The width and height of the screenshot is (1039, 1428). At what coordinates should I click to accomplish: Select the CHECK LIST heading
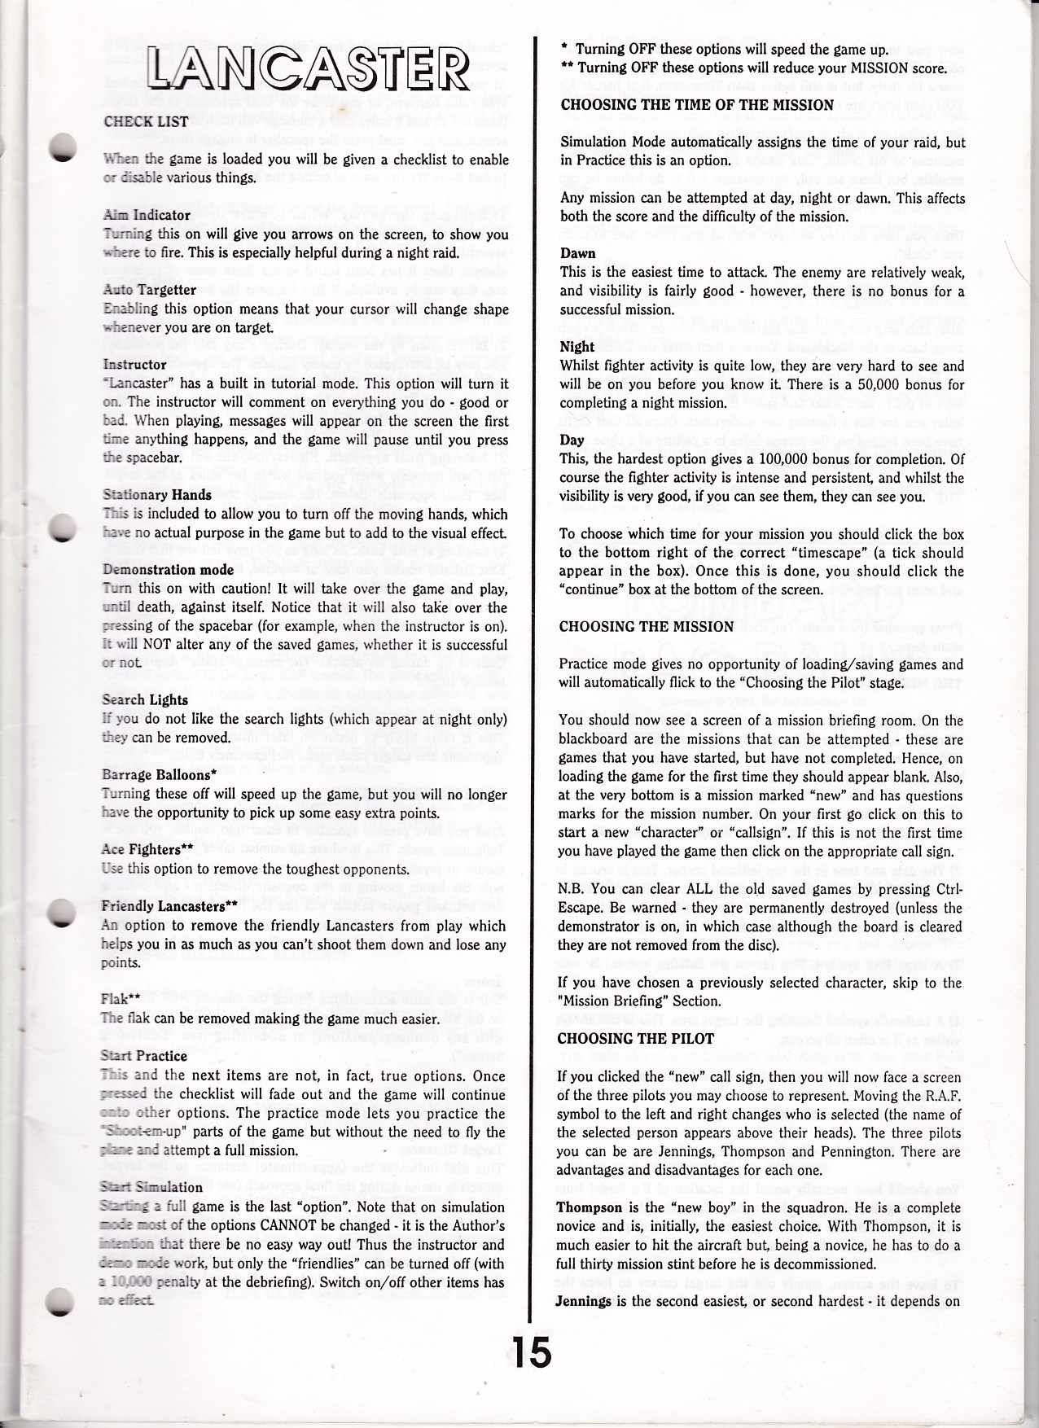coord(146,122)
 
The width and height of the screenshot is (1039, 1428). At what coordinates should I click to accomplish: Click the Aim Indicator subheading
coord(147,216)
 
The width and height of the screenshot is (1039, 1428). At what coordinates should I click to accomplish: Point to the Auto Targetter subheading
coord(149,290)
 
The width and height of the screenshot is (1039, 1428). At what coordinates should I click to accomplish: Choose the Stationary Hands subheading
coord(157,495)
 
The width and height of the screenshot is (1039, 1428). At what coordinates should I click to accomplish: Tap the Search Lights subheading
coord(145,700)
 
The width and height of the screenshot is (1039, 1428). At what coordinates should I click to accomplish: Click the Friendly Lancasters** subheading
coord(169,906)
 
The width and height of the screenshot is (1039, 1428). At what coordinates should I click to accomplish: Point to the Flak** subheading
coord(122,1000)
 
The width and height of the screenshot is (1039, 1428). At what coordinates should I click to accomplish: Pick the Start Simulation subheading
coord(151,1187)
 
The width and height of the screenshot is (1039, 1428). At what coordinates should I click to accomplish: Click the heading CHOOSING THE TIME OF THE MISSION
coord(697,105)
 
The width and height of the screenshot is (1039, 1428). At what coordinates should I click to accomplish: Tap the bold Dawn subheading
coord(577,253)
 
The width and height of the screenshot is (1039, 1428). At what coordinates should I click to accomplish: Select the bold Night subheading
coord(577,347)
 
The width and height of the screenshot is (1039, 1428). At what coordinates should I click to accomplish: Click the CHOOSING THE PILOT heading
coord(636,1039)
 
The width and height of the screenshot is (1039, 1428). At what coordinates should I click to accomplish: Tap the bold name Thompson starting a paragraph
coord(586,1207)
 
